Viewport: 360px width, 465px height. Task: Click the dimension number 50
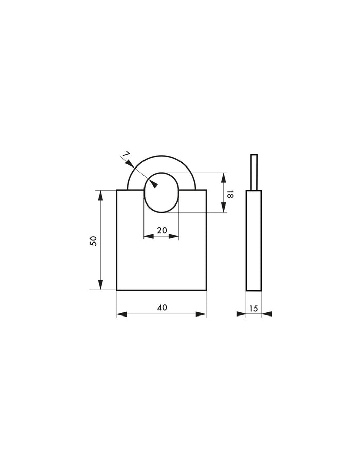(x=93, y=240)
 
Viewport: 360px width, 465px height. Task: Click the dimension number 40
(x=162, y=308)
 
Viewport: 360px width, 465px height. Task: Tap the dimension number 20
(x=162, y=230)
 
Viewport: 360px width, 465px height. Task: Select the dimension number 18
(x=230, y=194)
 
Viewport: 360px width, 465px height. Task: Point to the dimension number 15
(x=254, y=308)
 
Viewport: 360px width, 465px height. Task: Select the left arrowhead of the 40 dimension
(x=122, y=314)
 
